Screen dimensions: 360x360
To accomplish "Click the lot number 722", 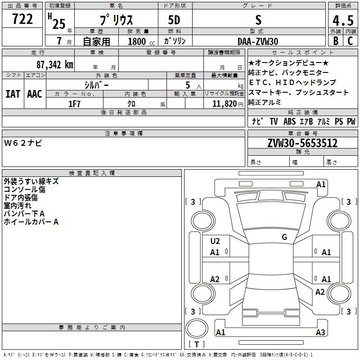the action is pyautogui.click(x=22, y=19).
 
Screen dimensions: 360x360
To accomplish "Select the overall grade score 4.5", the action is pyautogui.click(x=343, y=21).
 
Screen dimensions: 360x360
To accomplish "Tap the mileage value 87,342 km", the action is pyautogui.click(x=55, y=65).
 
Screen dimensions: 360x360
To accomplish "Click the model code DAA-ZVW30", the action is pyautogui.click(x=258, y=41).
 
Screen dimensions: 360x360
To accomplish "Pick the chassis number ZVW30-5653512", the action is pyautogui.click(x=302, y=143).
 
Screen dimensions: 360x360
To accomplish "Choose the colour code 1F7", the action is pyautogui.click(x=74, y=104).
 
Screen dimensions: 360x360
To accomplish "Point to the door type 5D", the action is pyautogui.click(x=174, y=20).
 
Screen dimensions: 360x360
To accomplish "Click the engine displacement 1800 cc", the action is pyautogui.click(x=141, y=41).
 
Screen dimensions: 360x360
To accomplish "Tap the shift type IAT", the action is pyautogui.click(x=13, y=94).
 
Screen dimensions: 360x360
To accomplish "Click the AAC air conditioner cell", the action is pyautogui.click(x=35, y=94).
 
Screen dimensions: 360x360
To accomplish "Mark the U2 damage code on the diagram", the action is pyautogui.click(x=215, y=241).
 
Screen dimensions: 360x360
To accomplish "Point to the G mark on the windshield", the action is pyautogui.click(x=284, y=237).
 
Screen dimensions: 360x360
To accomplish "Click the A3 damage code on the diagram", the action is pyautogui.click(x=320, y=332).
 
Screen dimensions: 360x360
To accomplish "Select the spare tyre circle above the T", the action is pyautogui.click(x=197, y=328).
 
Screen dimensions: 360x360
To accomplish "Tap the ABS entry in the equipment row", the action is pyautogui.click(x=289, y=121).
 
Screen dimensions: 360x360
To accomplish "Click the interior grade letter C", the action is pyautogui.click(x=350, y=41).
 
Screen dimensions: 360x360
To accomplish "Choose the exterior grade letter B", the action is pyautogui.click(x=336, y=41).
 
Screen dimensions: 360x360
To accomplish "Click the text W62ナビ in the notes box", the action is pyautogui.click(x=23, y=143).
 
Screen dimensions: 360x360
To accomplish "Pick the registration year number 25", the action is pyautogui.click(x=59, y=24).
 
